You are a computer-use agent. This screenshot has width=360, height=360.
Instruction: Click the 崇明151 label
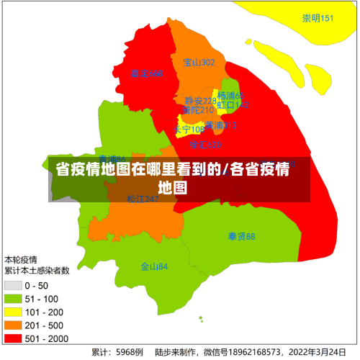coord(318,18)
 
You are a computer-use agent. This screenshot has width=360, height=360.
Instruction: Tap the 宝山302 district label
coord(199,63)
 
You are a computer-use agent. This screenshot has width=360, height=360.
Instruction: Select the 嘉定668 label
coord(146,73)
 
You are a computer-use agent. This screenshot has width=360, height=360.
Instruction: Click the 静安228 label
coord(199,101)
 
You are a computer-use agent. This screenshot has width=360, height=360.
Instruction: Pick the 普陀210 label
coord(197,110)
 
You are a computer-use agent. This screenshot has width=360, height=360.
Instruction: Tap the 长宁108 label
coord(189,130)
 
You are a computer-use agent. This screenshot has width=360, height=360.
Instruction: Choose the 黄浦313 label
coord(220,125)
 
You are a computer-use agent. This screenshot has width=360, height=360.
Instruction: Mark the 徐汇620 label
coord(205,145)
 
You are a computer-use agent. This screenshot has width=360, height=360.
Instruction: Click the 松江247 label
coord(143,199)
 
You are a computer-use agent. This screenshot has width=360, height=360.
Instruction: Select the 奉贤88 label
coord(241,236)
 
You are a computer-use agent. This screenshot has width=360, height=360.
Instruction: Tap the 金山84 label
coord(154,266)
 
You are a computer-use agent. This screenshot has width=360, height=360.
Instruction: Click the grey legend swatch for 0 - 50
coord(13,285)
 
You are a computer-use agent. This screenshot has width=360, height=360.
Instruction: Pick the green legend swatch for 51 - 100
coord(13,298)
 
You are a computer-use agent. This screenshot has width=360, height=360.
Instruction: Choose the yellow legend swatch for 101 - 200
coord(13,311)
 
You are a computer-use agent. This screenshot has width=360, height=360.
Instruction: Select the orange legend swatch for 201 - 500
coord(13,324)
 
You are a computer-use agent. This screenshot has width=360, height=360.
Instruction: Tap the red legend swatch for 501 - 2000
coord(13,337)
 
